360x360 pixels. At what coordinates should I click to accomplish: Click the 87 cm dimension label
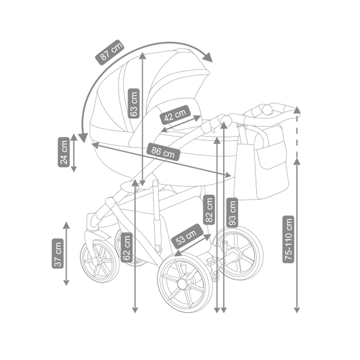click(x=110, y=53)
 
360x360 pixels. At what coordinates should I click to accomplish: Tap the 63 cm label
click(x=133, y=103)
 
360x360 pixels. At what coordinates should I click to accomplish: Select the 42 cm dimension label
click(x=175, y=115)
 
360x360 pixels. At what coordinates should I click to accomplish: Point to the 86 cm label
click(x=163, y=152)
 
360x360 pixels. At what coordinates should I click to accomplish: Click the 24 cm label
click(x=64, y=152)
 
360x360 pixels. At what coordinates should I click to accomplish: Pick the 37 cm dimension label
click(x=58, y=253)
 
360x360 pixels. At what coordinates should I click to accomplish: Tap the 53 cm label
click(x=187, y=236)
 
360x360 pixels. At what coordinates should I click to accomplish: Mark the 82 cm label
click(x=209, y=210)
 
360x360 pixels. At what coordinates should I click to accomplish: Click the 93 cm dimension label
click(x=232, y=212)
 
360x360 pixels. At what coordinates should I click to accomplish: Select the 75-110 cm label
click(x=288, y=239)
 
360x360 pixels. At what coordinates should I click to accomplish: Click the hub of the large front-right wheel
click(x=182, y=284)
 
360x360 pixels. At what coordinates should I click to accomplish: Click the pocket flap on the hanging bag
click(x=271, y=155)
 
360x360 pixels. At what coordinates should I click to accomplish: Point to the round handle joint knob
click(x=225, y=119)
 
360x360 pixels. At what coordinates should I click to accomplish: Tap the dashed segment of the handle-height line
click(x=297, y=136)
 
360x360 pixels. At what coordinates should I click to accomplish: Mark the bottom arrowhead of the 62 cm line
click(x=135, y=310)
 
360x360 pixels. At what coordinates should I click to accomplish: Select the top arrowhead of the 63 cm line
click(x=143, y=55)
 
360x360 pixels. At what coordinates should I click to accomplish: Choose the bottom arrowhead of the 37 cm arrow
click(x=66, y=283)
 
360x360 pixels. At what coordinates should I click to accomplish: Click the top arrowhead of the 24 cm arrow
click(x=74, y=137)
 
